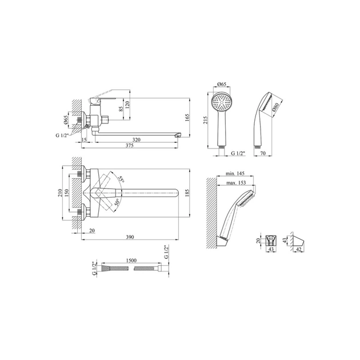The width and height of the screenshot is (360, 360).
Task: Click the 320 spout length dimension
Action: pos(137,139)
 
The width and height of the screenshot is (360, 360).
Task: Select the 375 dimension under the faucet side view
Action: pos(130,145)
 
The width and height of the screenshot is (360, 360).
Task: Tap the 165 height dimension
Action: pos(187,118)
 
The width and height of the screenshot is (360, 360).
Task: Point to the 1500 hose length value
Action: pos(131,261)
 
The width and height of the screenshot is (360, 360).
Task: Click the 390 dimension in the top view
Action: pos(130,237)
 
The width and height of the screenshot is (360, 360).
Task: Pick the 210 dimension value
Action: pos(60,193)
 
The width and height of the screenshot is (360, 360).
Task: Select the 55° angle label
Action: pos(121,179)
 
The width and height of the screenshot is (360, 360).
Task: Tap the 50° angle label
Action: pos(117,202)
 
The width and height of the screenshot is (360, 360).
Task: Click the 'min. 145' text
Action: pos(235,174)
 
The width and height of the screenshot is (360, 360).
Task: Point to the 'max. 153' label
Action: pos(236,183)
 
